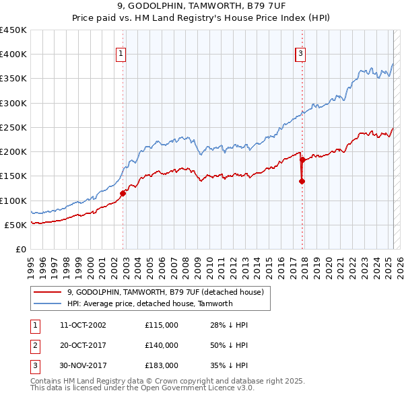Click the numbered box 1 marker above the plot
120,55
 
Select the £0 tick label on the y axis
20,249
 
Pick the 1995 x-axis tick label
30,262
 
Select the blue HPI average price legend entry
149,303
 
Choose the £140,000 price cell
161,345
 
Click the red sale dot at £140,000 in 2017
302,181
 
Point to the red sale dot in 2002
123,193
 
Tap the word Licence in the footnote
217,388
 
